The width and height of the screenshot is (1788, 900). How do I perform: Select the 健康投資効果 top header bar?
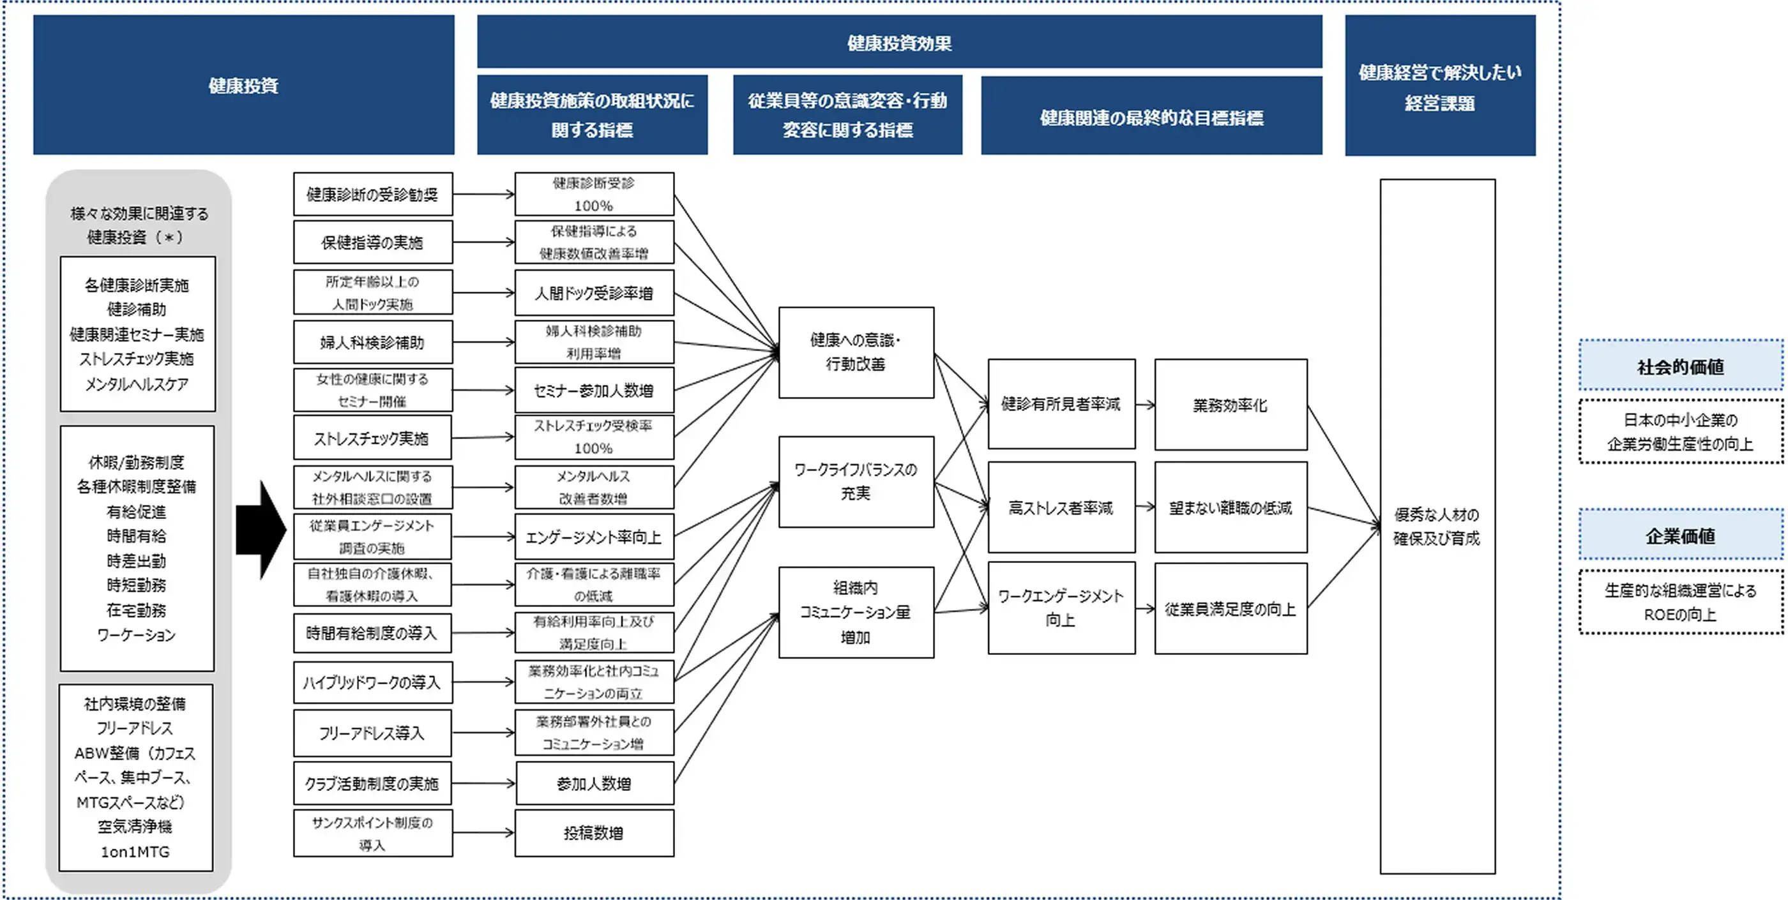coord(899,42)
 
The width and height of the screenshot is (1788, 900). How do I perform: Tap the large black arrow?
coord(261,529)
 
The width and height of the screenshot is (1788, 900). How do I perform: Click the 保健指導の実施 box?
coord(373,242)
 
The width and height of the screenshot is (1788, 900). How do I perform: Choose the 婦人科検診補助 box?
coord(373,342)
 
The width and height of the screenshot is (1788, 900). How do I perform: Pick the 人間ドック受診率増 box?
coord(593,293)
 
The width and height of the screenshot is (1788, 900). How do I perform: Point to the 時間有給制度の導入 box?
coord(372,632)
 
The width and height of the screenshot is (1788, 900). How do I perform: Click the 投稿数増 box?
coord(593,833)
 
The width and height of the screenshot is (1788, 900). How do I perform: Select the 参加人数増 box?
coord(593,783)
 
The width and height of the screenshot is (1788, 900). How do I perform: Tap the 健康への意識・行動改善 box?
coord(856,352)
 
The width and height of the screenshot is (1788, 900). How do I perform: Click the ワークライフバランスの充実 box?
coord(856,481)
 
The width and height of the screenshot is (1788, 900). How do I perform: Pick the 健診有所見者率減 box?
coord(1061,404)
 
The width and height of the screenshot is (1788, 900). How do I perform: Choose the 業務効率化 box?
coord(1230,405)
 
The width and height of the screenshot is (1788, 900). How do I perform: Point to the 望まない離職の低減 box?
coord(1230,507)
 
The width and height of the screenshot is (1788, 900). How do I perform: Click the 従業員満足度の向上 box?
coord(1230,608)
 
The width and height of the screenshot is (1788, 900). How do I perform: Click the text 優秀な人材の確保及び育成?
coord(1436,526)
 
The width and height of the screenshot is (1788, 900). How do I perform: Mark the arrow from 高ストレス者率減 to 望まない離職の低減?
coord(1144,507)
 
